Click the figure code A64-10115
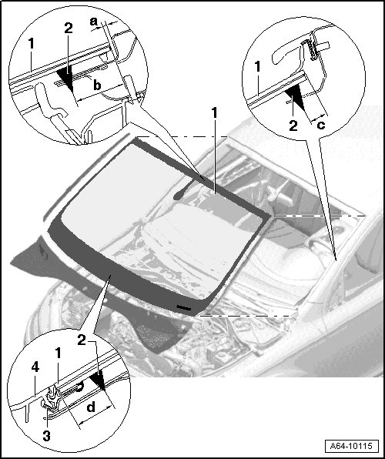[351, 447]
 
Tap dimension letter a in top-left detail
[93, 22]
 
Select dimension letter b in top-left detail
[97, 85]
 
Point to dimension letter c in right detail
[321, 125]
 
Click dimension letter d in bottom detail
[91, 407]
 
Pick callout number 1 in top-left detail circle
[32, 44]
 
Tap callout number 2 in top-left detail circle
[69, 28]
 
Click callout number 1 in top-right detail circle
[257, 66]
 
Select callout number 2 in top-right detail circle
[293, 126]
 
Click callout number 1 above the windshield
[215, 112]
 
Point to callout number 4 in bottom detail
[35, 367]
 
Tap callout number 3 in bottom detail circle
[46, 436]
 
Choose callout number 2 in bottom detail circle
[82, 340]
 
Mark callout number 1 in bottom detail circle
[59, 353]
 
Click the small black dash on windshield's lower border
[184, 307]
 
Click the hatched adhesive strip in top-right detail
[309, 49]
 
